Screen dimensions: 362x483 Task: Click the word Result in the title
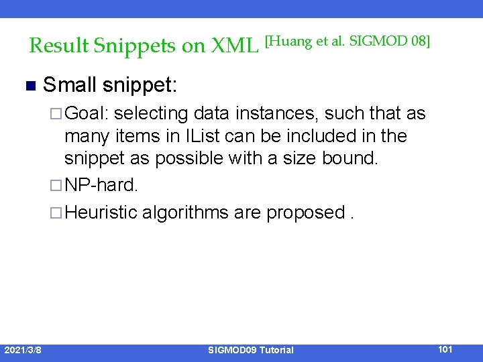(x=59, y=46)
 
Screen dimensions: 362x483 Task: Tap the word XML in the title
(x=235, y=46)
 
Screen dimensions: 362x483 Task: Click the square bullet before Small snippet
(x=29, y=86)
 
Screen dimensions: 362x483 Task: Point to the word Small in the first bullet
(x=70, y=85)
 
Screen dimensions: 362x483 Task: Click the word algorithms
(x=185, y=213)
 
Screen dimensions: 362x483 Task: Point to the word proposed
(x=306, y=213)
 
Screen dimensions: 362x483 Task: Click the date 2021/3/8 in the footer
(x=21, y=349)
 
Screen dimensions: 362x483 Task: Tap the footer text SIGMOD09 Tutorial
(x=250, y=350)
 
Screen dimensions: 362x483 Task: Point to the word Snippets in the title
(x=136, y=46)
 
